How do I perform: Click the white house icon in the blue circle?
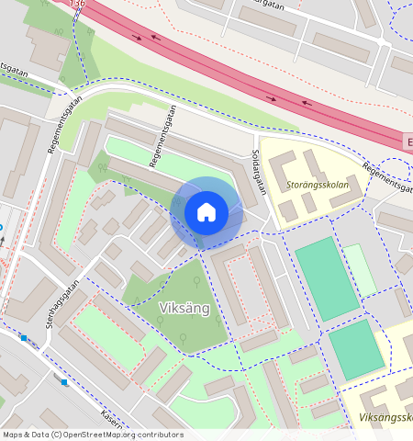206,212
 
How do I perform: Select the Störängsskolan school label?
317,183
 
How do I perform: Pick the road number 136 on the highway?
78,4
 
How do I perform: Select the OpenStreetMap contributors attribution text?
93,435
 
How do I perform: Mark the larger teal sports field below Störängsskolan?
327,277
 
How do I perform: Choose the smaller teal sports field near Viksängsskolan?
355,350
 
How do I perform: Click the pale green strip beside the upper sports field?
360,270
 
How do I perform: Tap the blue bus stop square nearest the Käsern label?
64,382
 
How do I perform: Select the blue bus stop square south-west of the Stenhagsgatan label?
24,338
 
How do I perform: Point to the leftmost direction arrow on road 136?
137,38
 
